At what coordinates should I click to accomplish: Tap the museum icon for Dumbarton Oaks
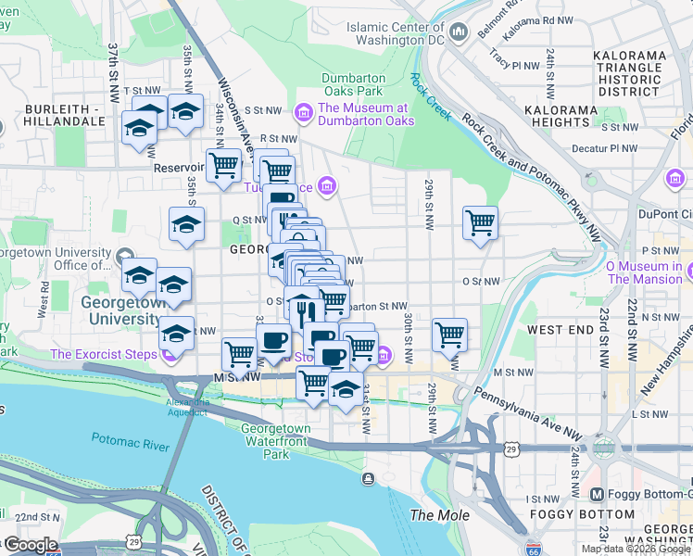pos(302,114)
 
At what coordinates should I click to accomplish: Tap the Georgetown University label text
pos(120,310)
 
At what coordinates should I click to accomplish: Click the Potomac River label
pos(130,437)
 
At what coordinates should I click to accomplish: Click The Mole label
pos(440,515)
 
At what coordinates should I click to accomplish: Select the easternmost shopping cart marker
pos(480,222)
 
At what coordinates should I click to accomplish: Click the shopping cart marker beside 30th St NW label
pos(449,334)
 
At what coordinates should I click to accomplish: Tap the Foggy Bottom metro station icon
pos(598,495)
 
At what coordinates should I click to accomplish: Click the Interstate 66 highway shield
pos(533,549)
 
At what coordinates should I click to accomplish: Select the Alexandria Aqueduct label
pos(185,407)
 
